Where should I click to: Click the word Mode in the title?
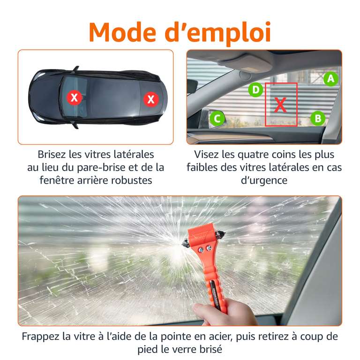pyautogui.click(x=122, y=32)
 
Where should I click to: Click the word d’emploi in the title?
pyautogui.click(x=218, y=33)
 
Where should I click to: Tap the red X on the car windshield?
pyautogui.click(x=74, y=97)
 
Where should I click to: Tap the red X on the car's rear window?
pyautogui.click(x=151, y=99)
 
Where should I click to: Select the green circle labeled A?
pyautogui.click(x=330, y=79)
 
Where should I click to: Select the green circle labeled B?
pyautogui.click(x=318, y=119)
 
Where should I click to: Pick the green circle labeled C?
pyautogui.click(x=217, y=119)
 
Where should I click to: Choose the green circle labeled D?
pyautogui.click(x=255, y=90)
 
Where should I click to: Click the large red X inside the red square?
pyautogui.click(x=280, y=105)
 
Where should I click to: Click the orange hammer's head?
pyautogui.click(x=203, y=238)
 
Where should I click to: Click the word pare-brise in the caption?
pyautogui.click(x=101, y=168)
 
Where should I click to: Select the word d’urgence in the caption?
pyautogui.click(x=264, y=180)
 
